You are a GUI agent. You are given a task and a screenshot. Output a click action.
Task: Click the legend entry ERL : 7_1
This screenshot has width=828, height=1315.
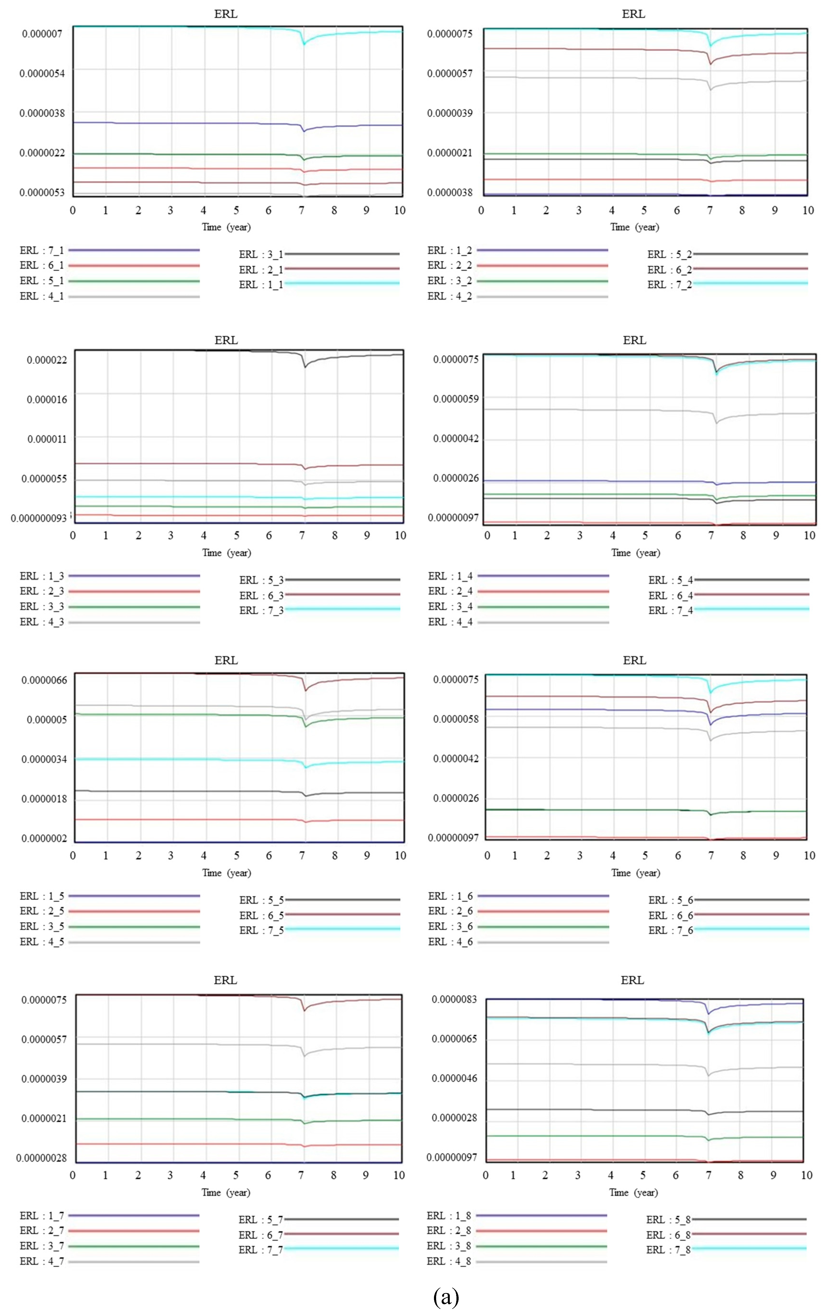tap(42, 251)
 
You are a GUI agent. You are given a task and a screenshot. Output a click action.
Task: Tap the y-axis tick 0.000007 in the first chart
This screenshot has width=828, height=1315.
tap(42, 34)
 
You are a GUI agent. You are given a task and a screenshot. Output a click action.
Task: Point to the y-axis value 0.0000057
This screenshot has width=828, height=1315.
tap(450, 73)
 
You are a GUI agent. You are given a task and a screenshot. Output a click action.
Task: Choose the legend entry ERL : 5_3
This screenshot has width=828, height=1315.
tap(261, 580)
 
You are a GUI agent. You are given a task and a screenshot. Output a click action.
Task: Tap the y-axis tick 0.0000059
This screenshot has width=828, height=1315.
tap(456, 399)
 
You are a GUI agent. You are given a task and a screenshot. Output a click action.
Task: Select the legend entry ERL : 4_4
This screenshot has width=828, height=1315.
tap(450, 622)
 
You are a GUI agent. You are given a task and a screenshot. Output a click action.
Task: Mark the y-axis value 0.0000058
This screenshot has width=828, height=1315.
tap(456, 719)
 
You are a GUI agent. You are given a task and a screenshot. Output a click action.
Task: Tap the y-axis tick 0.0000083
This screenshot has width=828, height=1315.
tap(454, 999)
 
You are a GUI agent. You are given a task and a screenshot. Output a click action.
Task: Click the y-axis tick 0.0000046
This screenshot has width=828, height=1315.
tap(454, 1078)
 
